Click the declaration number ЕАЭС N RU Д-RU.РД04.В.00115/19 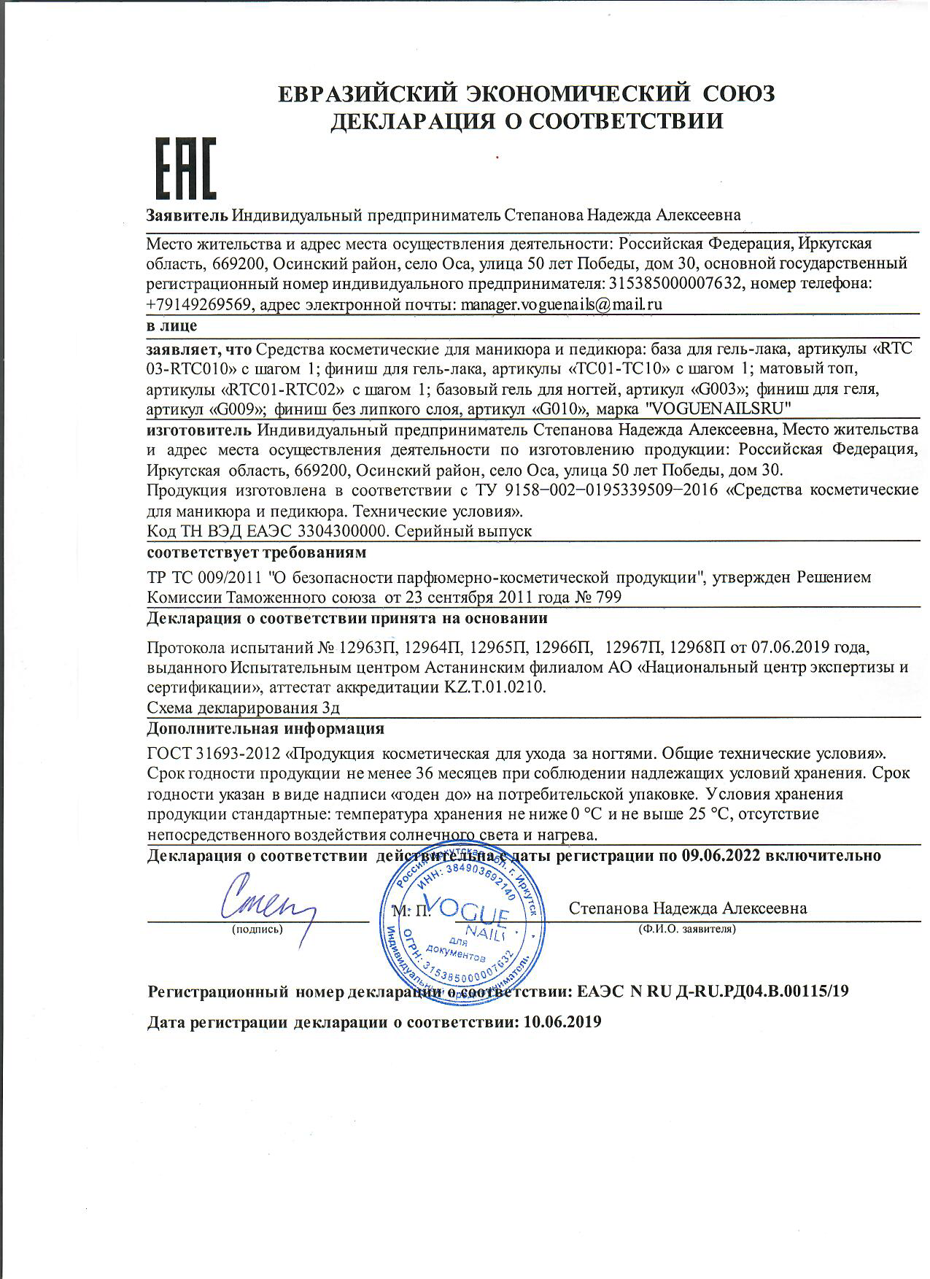(x=713, y=992)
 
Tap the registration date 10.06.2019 (x=562, y=1022)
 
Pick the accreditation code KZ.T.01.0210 (x=496, y=687)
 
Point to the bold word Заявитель (x=187, y=215)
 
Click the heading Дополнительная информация (x=266, y=729)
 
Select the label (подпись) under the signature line (x=257, y=930)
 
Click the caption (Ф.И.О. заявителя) (x=686, y=930)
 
